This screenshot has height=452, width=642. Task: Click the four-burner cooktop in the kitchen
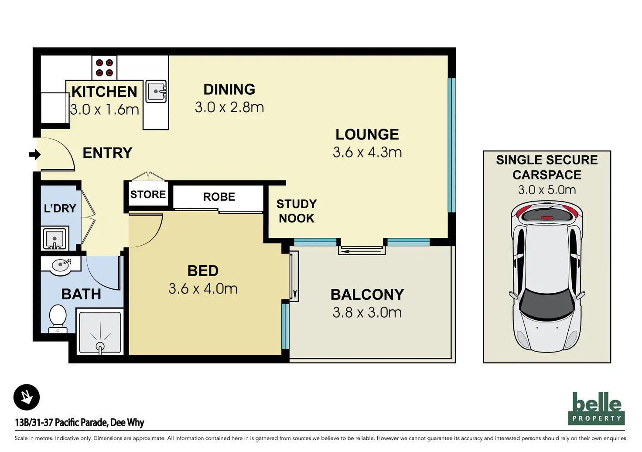click(x=104, y=68)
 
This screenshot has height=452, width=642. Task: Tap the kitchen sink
click(x=156, y=92)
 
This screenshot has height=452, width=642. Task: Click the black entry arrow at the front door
click(x=35, y=154)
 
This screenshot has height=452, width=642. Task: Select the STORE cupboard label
click(x=148, y=194)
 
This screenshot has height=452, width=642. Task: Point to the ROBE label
click(x=219, y=197)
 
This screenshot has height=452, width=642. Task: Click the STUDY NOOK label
click(x=297, y=211)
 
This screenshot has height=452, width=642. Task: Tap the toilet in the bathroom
click(x=58, y=318)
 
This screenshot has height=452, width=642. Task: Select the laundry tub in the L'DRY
click(x=55, y=239)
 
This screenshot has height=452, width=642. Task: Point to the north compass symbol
click(x=26, y=397)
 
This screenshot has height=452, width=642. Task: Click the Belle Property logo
click(x=596, y=408)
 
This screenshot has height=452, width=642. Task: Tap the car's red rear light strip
click(x=546, y=218)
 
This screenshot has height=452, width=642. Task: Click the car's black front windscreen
click(x=547, y=304)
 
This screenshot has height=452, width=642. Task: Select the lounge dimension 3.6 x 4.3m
click(x=367, y=152)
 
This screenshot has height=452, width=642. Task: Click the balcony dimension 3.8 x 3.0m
click(x=367, y=312)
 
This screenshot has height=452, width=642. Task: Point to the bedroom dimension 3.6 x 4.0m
click(x=203, y=289)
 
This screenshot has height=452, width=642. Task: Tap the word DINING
click(x=229, y=89)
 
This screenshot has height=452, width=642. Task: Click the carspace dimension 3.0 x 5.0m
click(x=547, y=190)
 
